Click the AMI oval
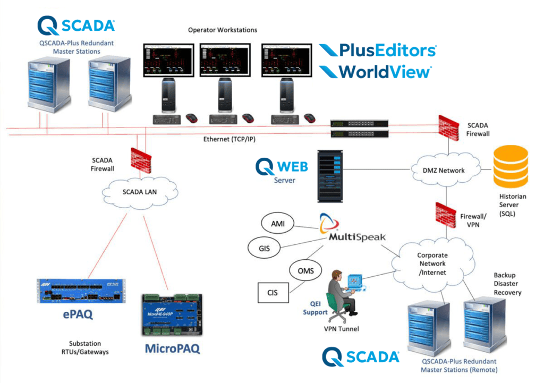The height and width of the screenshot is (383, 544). (277, 224)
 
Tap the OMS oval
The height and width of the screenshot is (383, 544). (305, 271)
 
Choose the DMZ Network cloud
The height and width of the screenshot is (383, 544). (444, 171)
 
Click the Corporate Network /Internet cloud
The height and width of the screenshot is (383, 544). (431, 263)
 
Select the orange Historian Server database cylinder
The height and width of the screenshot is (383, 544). (511, 165)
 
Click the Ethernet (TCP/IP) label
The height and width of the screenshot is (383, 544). (227, 139)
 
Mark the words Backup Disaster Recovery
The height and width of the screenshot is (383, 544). (507, 284)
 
